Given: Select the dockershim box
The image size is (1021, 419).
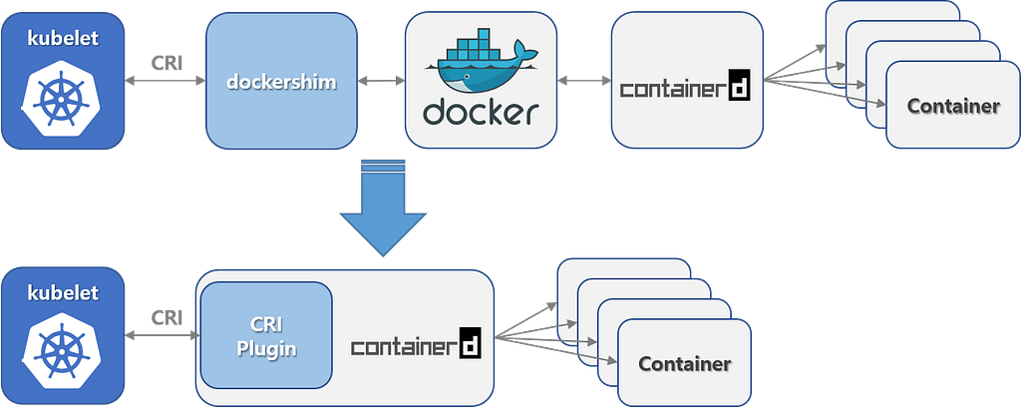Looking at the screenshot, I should [x=282, y=83].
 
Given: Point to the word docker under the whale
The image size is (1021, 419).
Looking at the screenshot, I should [x=475, y=113].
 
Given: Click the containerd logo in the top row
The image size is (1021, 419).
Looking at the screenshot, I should [x=684, y=88].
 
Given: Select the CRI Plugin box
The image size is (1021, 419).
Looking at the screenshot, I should [x=266, y=335].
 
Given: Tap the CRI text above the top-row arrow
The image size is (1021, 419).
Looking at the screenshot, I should [x=164, y=61].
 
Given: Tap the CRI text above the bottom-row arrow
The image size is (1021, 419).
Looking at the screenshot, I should [x=164, y=317].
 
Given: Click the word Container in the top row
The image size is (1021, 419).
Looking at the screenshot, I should [x=954, y=107].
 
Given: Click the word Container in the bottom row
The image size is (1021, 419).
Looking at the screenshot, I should [x=685, y=364].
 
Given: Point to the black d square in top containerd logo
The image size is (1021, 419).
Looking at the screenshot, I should [x=739, y=88].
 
